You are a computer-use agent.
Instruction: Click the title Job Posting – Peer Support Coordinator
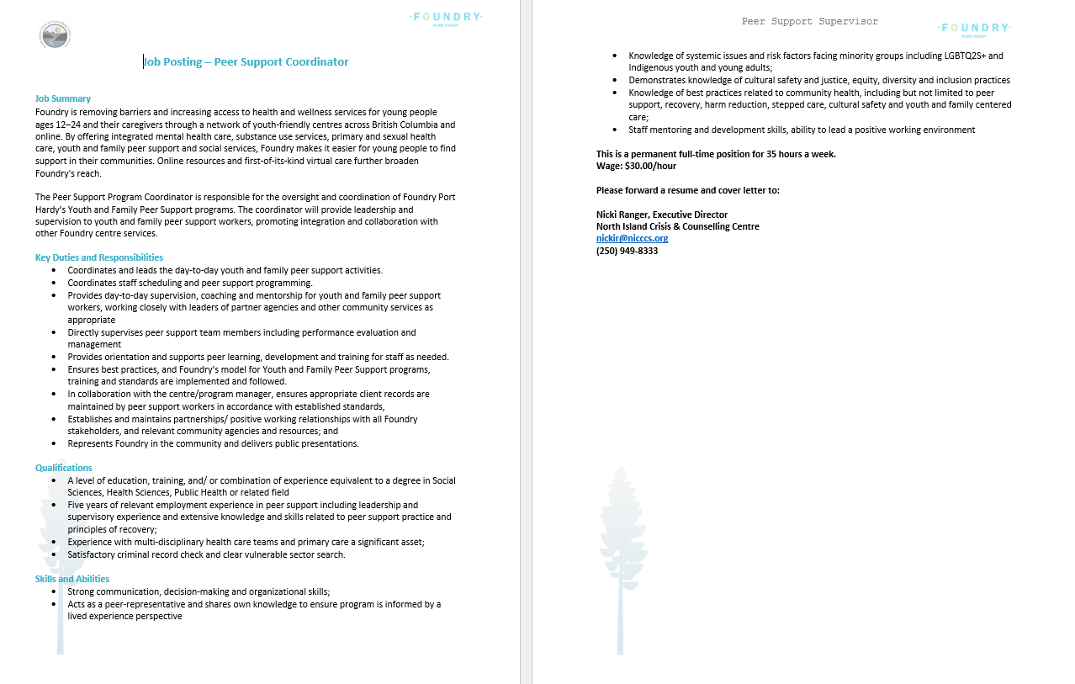pos(246,61)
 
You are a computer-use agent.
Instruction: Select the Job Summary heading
pos(63,98)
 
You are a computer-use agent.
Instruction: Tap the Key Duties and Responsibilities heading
pos(99,257)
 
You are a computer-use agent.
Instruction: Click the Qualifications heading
pos(64,468)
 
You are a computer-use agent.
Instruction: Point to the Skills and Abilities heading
pos(72,579)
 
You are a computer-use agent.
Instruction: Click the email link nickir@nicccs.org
pos(632,238)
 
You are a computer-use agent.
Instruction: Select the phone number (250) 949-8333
pos(627,251)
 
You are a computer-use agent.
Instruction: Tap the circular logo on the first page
pos(55,34)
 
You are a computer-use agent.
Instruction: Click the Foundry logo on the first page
pos(446,18)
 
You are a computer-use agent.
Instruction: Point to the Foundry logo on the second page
pos(974,29)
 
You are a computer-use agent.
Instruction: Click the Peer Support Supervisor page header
pos(809,21)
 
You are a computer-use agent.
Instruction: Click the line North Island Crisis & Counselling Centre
pos(677,226)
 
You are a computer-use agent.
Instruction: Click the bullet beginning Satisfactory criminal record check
pos(206,554)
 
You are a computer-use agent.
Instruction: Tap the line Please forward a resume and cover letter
pos(687,190)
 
